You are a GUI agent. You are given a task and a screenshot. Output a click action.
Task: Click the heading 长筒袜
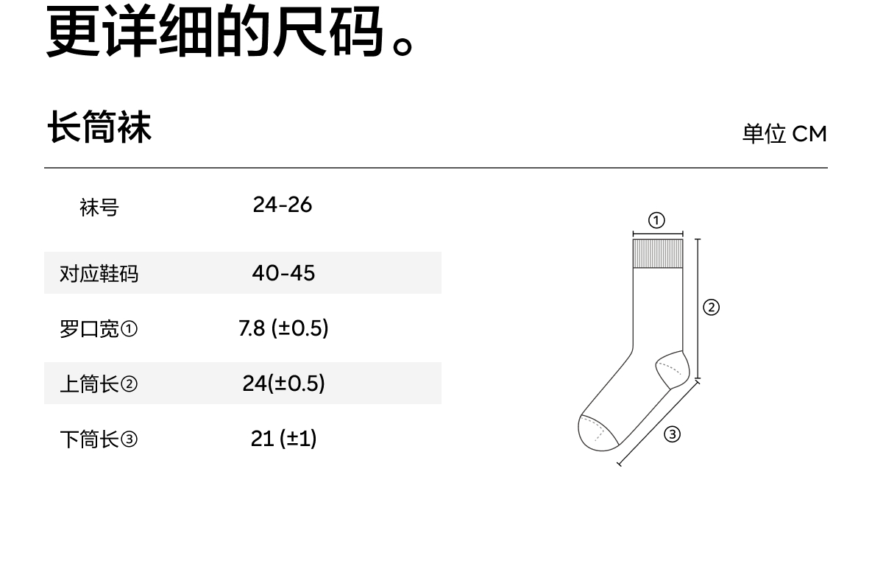pyautogui.click(x=99, y=127)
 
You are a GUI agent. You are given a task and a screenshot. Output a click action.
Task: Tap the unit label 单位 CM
pyautogui.click(x=784, y=134)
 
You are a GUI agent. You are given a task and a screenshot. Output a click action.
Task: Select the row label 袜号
pyautogui.click(x=99, y=208)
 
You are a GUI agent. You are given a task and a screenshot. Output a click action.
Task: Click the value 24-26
pyautogui.click(x=283, y=205)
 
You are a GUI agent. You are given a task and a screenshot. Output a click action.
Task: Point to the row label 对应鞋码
pyautogui.click(x=99, y=274)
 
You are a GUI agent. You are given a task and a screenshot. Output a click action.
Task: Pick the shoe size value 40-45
pyautogui.click(x=283, y=273)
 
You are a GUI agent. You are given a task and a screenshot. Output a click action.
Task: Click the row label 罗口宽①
pyautogui.click(x=99, y=329)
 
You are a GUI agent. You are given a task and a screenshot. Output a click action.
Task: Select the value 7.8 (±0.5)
pyautogui.click(x=283, y=328)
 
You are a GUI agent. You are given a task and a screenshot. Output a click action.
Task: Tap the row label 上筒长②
pyautogui.click(x=99, y=384)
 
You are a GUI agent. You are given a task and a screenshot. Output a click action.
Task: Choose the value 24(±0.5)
pyautogui.click(x=283, y=384)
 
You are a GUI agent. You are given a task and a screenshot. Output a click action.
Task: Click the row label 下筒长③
pyautogui.click(x=99, y=439)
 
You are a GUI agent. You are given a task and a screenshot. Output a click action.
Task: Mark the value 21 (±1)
pyautogui.click(x=283, y=439)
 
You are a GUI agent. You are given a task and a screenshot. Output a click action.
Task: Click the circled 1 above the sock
pyautogui.click(x=656, y=220)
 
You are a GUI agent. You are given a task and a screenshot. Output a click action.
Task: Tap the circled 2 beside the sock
pyautogui.click(x=711, y=307)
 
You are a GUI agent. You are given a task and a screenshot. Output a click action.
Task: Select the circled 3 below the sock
pyautogui.click(x=672, y=434)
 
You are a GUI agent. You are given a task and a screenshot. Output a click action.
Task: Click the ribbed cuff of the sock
pyautogui.click(x=658, y=253)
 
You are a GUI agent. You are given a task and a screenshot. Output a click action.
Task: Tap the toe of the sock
pyautogui.click(x=595, y=433)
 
